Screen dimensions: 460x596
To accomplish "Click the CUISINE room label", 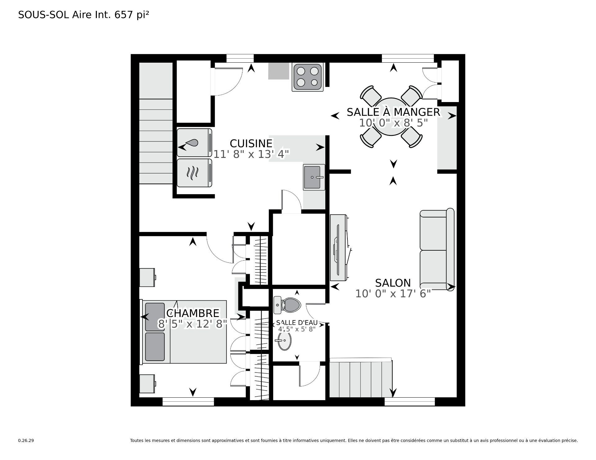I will click(x=251, y=143).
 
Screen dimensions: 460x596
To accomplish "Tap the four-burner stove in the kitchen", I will click(x=307, y=77).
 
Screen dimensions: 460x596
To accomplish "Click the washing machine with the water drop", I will click(x=194, y=143).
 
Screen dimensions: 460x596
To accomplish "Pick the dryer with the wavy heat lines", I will click(x=194, y=173).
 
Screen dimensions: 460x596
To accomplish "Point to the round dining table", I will click(x=392, y=116).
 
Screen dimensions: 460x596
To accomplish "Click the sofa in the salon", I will click(x=436, y=250).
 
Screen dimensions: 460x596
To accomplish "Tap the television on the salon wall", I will click(x=338, y=248).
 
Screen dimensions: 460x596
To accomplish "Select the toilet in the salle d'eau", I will click(x=288, y=305).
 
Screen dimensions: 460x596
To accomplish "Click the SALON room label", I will click(x=393, y=283).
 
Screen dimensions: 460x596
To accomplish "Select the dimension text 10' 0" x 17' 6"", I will click(x=393, y=293).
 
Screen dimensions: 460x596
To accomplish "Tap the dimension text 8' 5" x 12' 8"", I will click(x=192, y=324).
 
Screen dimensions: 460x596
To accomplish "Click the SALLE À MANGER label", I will click(x=393, y=112).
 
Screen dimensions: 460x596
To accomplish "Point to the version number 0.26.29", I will click(x=26, y=440).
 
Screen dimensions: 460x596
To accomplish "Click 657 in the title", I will click(x=124, y=15).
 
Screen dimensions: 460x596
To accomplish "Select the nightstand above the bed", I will click(x=147, y=277).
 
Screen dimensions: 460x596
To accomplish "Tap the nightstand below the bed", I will click(x=147, y=384).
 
